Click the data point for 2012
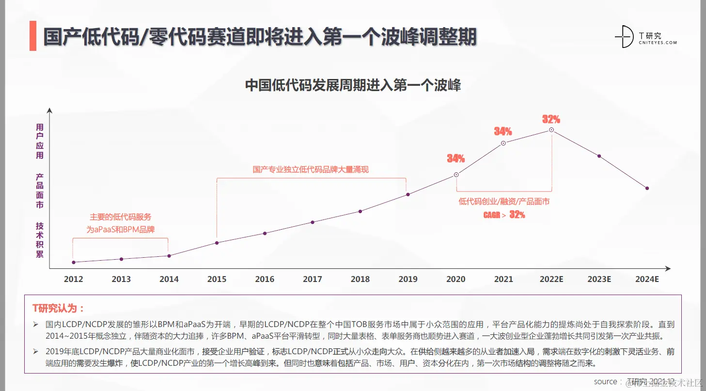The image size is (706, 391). (x=74, y=262)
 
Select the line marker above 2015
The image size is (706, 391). (x=217, y=243)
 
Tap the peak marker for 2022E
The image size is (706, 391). (x=551, y=130)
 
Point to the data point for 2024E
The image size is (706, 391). (x=647, y=188)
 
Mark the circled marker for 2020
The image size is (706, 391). (x=456, y=174)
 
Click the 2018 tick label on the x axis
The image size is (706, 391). (x=360, y=279)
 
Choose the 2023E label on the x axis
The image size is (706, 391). (x=599, y=279)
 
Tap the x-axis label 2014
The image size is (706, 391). (x=169, y=279)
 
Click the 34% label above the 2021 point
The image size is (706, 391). (x=503, y=131)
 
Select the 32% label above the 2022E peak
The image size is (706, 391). (x=551, y=119)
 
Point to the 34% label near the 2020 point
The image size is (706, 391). (x=455, y=158)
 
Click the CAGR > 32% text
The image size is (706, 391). (x=504, y=215)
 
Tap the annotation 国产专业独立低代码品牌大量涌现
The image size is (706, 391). (x=311, y=170)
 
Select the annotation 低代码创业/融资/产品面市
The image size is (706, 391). (x=504, y=202)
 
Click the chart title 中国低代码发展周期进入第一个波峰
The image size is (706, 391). (x=353, y=85)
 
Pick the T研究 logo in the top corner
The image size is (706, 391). (x=644, y=37)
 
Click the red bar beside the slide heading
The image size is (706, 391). (x=33, y=36)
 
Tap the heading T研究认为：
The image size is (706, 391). (x=58, y=308)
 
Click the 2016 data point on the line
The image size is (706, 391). (x=265, y=233)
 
